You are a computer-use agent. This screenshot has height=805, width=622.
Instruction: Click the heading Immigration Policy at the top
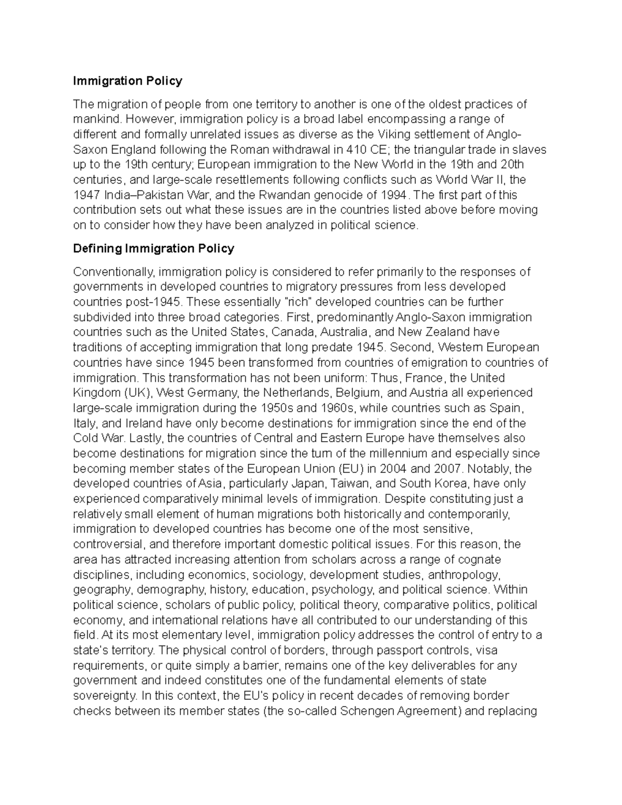(x=128, y=81)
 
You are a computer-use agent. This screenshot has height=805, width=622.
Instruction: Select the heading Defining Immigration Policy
(x=153, y=248)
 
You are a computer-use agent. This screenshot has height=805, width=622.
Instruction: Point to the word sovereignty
(x=105, y=695)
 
